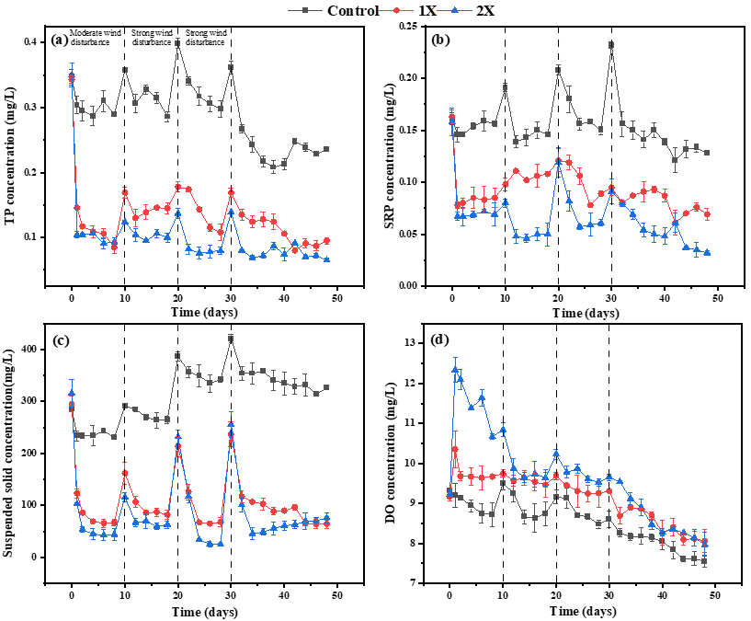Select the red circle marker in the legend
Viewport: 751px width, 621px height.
point(397,10)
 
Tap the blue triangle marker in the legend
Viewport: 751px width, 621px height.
point(455,10)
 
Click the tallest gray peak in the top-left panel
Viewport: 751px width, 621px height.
point(177,42)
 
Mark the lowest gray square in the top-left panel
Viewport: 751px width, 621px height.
point(273,167)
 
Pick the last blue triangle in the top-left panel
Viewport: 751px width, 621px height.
point(327,259)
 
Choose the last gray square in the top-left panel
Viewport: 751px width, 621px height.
point(326,149)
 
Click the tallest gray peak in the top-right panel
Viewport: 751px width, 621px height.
point(611,44)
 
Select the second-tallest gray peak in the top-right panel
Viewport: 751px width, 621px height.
point(558,69)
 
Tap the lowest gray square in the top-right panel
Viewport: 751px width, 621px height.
point(676,160)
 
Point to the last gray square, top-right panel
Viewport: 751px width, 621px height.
point(707,152)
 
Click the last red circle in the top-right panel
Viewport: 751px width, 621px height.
point(707,213)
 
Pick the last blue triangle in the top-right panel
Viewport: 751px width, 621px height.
point(707,252)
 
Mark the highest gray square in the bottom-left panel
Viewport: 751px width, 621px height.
point(231,338)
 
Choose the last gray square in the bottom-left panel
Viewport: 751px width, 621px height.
point(326,387)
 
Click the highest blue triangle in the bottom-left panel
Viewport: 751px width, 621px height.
point(71,393)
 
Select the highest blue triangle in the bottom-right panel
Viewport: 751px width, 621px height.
point(455,369)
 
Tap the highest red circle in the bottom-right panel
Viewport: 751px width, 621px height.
point(455,449)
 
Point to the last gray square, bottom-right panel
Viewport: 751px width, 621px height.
point(705,560)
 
